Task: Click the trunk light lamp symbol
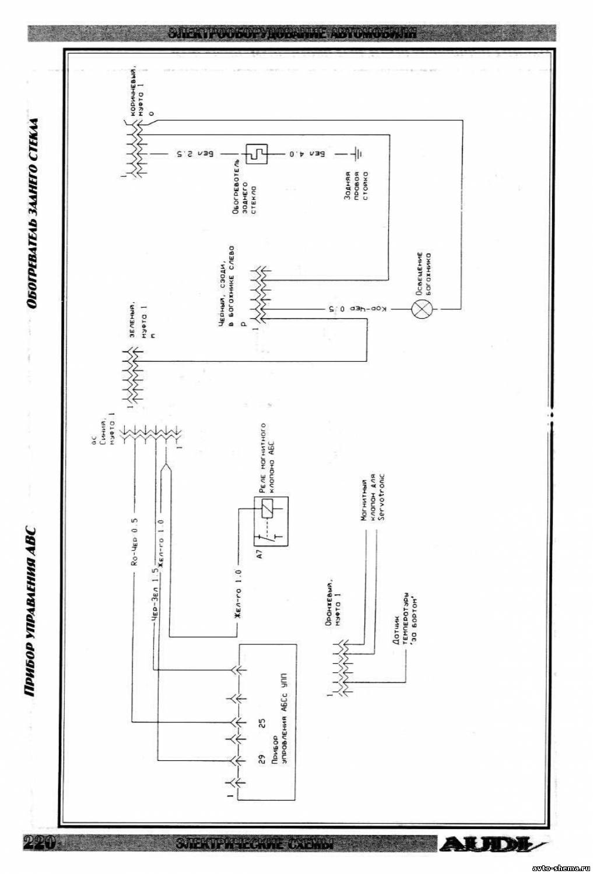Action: pos(420,308)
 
